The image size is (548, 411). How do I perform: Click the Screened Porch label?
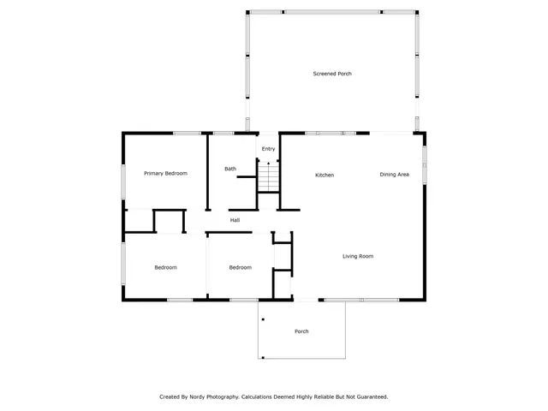coord(332,74)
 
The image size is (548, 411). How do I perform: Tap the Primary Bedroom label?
coord(165,174)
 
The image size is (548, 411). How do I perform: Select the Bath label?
coord(230,169)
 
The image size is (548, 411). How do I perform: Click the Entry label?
coord(269,149)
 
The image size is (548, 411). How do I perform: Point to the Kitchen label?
coord(325,176)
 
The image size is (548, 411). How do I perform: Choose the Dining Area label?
coord(394,175)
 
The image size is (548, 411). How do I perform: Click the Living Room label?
coord(358,256)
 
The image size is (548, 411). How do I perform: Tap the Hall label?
coord(235,221)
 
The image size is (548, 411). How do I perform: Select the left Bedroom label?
coord(165,268)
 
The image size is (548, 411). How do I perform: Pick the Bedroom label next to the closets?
coord(241,268)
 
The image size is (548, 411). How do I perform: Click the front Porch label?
coord(301,331)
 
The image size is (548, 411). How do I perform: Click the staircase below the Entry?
coord(269,177)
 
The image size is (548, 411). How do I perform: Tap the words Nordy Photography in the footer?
coord(213,396)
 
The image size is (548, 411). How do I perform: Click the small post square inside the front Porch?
coord(263,320)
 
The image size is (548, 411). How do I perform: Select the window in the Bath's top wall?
coord(224,133)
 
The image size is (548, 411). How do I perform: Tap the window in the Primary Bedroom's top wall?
coord(187,133)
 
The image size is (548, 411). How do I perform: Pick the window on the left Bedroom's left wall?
coord(123,263)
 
